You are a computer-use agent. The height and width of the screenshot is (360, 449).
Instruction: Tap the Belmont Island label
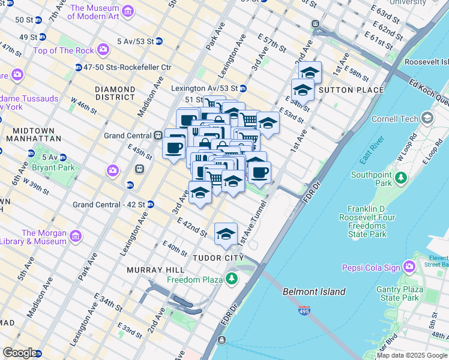(314, 292)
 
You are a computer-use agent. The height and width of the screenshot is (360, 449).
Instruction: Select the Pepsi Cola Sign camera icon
(409, 265)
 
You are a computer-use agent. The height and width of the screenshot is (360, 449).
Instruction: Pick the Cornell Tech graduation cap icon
(427, 118)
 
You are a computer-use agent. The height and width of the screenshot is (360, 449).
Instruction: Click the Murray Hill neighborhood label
(151, 270)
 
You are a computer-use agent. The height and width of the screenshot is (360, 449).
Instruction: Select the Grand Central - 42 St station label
(109, 204)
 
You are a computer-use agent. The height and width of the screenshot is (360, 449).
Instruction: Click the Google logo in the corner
(20, 353)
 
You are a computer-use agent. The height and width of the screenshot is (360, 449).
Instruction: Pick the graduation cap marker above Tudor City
(226, 234)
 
